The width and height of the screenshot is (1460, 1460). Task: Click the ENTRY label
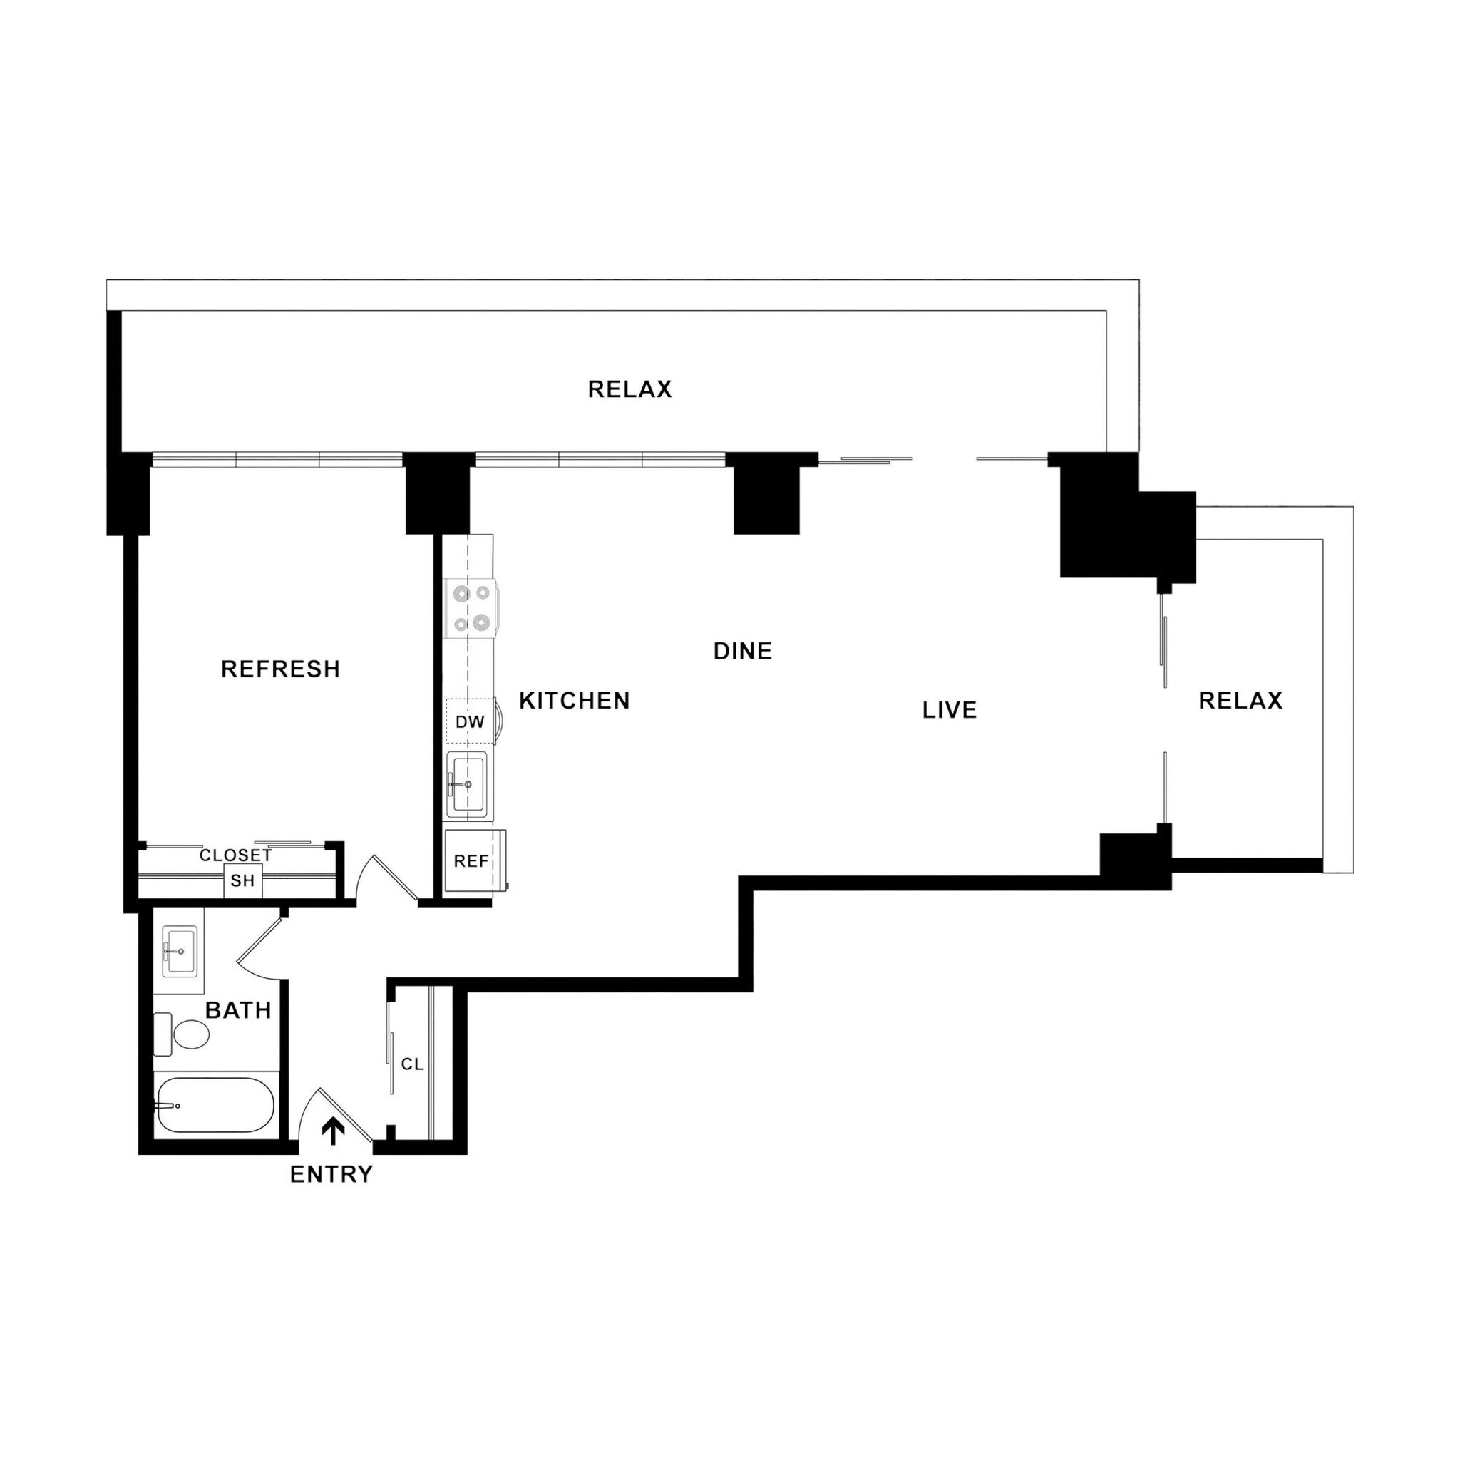331,1173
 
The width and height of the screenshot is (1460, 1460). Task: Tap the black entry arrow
333,1131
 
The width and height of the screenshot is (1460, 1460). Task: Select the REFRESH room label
280,669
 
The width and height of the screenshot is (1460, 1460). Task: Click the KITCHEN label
575,701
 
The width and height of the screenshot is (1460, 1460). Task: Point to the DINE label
743,651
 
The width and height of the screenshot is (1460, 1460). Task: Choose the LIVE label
949,709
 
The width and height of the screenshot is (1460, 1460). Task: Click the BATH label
238,1010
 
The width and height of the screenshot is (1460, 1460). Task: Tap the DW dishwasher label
469,721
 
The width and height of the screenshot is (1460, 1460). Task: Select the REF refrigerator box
471,860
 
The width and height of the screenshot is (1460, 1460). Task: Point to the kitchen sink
467,784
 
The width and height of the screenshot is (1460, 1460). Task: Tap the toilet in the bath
185,1034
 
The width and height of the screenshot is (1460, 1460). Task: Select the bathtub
215,1105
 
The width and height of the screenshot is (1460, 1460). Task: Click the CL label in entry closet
412,1064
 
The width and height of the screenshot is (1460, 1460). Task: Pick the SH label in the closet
242,880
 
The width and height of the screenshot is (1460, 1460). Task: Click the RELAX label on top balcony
629,389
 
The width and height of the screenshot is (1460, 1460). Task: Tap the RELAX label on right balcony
1240,701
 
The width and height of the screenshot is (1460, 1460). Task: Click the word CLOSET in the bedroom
235,855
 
